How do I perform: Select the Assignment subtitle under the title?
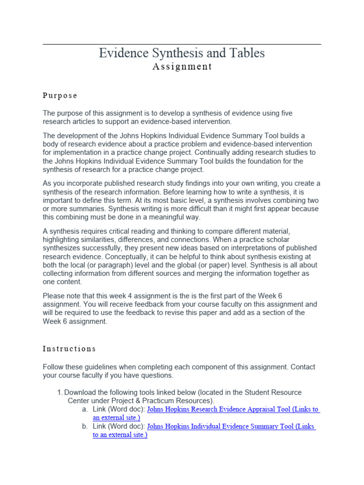(x=182, y=67)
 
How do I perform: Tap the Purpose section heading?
(x=60, y=96)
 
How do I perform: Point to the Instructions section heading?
(x=69, y=349)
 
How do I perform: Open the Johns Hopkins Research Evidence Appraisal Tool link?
(x=233, y=409)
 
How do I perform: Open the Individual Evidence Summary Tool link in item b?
(x=231, y=426)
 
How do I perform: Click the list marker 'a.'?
(x=85, y=409)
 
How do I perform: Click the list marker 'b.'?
(x=85, y=426)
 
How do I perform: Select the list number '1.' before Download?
(x=60, y=393)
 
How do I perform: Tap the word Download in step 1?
(x=81, y=393)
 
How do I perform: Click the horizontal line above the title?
(x=182, y=45)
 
